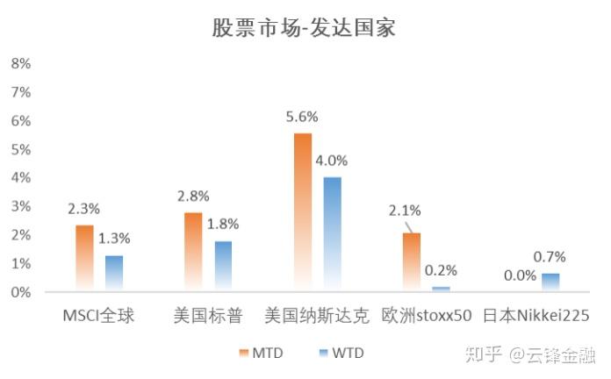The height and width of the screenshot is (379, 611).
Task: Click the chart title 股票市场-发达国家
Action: pyautogui.click(x=304, y=27)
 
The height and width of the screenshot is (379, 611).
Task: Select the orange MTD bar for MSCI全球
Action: pyautogui.click(x=84, y=259)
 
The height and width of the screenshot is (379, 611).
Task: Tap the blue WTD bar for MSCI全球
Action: pyautogui.click(x=114, y=273)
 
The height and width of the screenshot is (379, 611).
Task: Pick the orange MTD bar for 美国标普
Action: pyautogui.click(x=193, y=252)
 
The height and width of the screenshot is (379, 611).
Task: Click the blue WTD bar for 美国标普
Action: pyautogui.click(x=223, y=266)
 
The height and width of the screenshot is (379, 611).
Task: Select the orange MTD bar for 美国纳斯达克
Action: pyautogui.click(x=303, y=212)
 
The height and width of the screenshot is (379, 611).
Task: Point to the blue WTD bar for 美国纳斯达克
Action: pyautogui.click(x=333, y=234)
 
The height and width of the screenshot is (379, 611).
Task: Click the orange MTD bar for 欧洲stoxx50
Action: pyautogui.click(x=412, y=261)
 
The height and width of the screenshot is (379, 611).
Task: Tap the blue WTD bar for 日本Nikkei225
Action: pyautogui.click(x=550, y=282)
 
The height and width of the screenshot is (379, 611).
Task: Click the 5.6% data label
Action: pyautogui.click(x=302, y=117)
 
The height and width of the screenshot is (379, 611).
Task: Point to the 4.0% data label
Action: pyautogui.click(x=333, y=161)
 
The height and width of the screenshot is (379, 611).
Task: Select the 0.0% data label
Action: pyautogui.click(x=521, y=275)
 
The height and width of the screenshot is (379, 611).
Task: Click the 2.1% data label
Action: pyautogui.click(x=405, y=211)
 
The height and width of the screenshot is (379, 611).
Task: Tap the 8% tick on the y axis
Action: pyautogui.click(x=20, y=64)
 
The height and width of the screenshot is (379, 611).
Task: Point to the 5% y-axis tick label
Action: pyautogui.click(x=20, y=149)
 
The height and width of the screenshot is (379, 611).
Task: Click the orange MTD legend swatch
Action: pyautogui.click(x=242, y=354)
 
